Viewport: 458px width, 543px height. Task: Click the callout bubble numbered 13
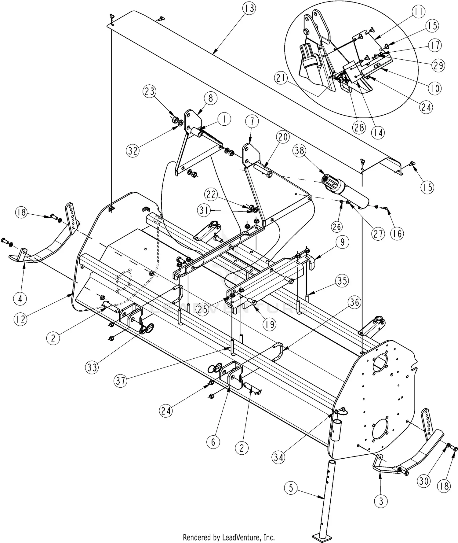(x=249, y=9)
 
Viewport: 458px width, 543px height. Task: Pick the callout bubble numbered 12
(x=20, y=319)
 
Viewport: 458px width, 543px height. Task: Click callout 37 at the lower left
(x=121, y=381)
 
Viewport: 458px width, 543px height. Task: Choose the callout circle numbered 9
(x=343, y=242)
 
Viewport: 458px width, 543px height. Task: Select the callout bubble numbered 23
(x=150, y=92)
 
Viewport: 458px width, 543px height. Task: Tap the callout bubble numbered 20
(x=283, y=137)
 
